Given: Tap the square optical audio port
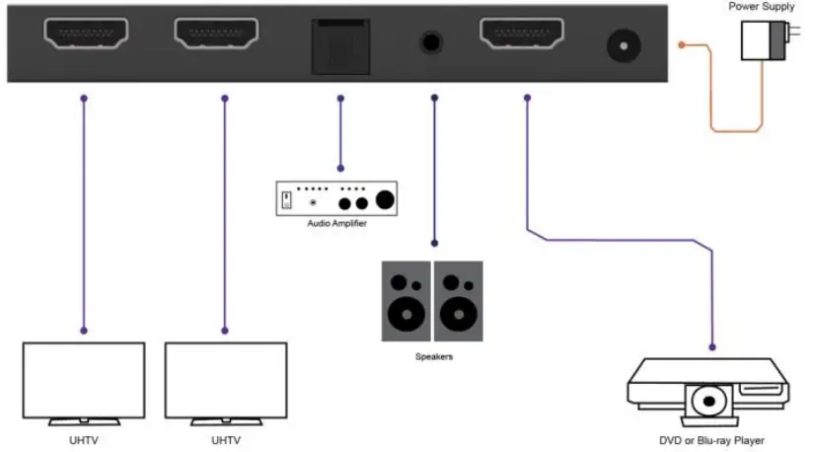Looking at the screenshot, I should pyautogui.click(x=339, y=46).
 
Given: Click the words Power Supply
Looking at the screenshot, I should pyautogui.click(x=761, y=7).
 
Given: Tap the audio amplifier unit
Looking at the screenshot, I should pyautogui.click(x=338, y=198).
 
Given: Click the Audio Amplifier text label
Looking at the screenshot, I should pyautogui.click(x=338, y=223).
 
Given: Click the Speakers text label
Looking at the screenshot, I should pyautogui.click(x=433, y=356).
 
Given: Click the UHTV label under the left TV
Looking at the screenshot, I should pyautogui.click(x=84, y=439).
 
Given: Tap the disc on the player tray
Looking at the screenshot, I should pyautogui.click(x=709, y=404).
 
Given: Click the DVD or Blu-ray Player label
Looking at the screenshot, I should pyautogui.click(x=710, y=440).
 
